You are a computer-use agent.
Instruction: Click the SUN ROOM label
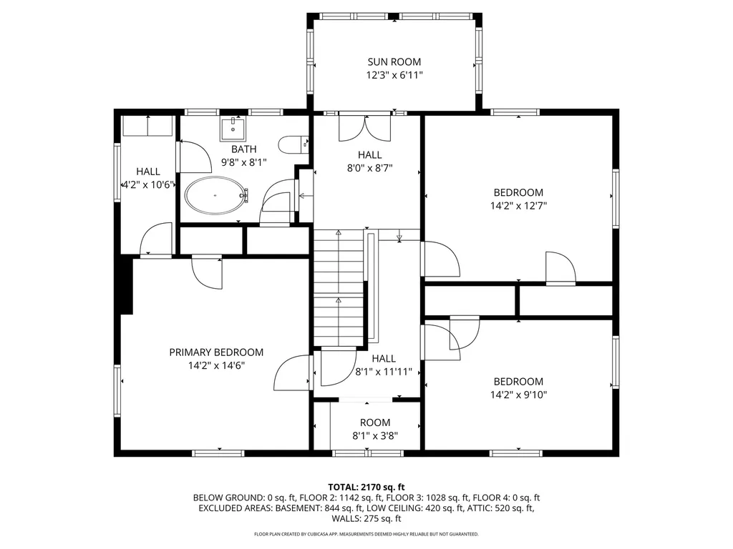pyautogui.click(x=394, y=62)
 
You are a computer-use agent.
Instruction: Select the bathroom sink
pyautogui.click(x=233, y=129)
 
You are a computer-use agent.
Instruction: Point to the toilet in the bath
pyautogui.click(x=291, y=145)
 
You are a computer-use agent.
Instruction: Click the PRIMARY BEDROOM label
pyautogui.click(x=216, y=352)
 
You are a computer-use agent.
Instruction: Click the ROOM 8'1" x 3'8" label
pyautogui.click(x=375, y=422)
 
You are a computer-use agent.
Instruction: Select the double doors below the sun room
pyautogui.click(x=365, y=129)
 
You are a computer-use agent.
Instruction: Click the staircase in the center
pyautogui.click(x=339, y=286)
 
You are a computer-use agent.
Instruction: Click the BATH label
pyautogui.click(x=243, y=149)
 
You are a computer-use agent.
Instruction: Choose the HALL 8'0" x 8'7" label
pyautogui.click(x=370, y=155)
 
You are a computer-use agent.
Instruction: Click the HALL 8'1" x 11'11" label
pyautogui.click(x=384, y=359)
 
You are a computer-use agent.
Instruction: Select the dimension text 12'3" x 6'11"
pyautogui.click(x=394, y=75)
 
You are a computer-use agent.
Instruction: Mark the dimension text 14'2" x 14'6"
pyautogui.click(x=216, y=365)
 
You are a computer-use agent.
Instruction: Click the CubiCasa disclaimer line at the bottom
pyautogui.click(x=366, y=534)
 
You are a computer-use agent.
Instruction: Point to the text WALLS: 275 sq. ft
pyautogui.click(x=366, y=518)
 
